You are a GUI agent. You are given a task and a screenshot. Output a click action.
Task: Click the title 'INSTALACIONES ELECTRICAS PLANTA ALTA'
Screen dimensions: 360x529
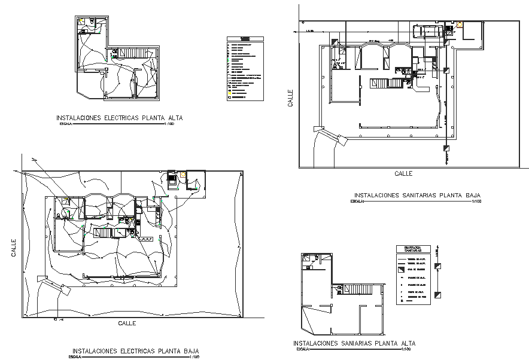119,118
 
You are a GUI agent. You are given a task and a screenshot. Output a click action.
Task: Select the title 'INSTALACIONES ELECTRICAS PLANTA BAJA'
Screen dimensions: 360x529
135,351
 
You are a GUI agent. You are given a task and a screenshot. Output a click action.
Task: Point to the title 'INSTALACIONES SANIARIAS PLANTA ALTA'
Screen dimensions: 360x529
354,344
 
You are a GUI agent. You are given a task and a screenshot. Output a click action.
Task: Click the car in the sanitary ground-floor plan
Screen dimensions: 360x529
430,30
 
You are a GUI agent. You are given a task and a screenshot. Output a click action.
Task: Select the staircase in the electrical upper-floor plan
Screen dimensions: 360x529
130,54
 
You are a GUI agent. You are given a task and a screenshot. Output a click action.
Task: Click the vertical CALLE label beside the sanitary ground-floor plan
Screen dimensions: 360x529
290,98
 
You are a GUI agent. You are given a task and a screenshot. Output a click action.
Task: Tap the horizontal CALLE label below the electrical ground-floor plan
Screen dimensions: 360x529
127,323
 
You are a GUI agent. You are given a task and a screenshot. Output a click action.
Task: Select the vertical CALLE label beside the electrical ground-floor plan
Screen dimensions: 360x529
13,248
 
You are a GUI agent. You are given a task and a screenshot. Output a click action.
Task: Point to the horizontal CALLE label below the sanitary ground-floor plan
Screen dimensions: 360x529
403,173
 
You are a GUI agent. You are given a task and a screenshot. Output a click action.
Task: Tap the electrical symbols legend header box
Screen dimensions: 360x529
244,39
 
